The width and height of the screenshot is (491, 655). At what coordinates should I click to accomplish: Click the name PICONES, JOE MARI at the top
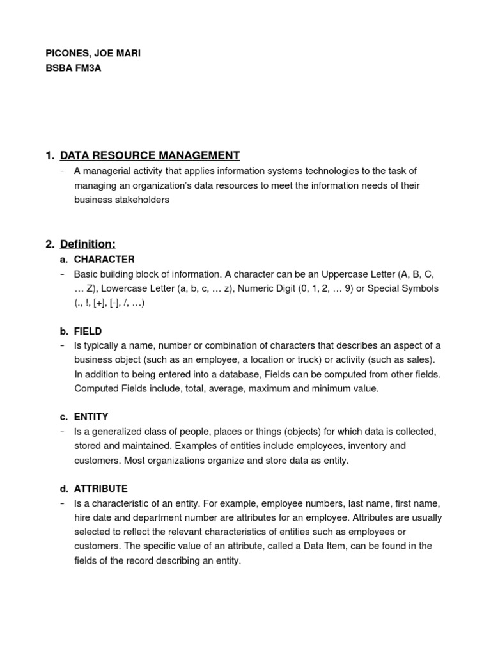[93, 54]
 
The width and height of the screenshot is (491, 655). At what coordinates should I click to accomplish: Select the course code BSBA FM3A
[74, 68]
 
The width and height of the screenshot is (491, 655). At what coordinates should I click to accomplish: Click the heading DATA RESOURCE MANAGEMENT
[150, 155]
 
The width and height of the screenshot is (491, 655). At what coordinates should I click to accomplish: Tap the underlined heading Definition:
[88, 244]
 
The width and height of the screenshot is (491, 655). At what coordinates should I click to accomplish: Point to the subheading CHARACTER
[104, 260]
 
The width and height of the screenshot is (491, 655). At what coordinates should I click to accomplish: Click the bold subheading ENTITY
[91, 416]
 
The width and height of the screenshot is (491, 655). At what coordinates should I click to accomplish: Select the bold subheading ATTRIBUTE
[100, 489]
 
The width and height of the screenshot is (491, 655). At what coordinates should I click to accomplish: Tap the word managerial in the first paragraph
[104, 171]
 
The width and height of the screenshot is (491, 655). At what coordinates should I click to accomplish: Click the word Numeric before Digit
[256, 288]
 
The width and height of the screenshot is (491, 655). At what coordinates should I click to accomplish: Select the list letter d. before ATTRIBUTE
[64, 489]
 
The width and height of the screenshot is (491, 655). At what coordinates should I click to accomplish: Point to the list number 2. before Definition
[51, 244]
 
